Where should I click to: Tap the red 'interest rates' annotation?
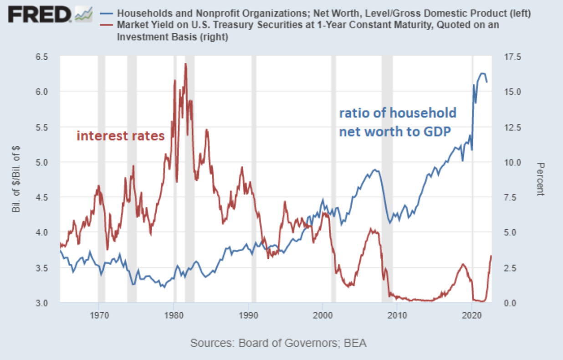[x=120, y=136]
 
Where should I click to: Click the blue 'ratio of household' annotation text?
[x=397, y=113]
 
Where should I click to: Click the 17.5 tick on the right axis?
[x=511, y=57]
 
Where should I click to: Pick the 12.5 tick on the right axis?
[x=511, y=127]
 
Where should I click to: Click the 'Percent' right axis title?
[x=540, y=179]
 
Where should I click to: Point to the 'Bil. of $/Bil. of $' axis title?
[x=17, y=179]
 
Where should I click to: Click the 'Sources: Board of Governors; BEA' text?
[x=278, y=343]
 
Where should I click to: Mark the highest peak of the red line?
[x=185, y=64]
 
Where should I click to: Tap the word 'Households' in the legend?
[x=142, y=14]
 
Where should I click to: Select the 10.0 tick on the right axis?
[x=511, y=162]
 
